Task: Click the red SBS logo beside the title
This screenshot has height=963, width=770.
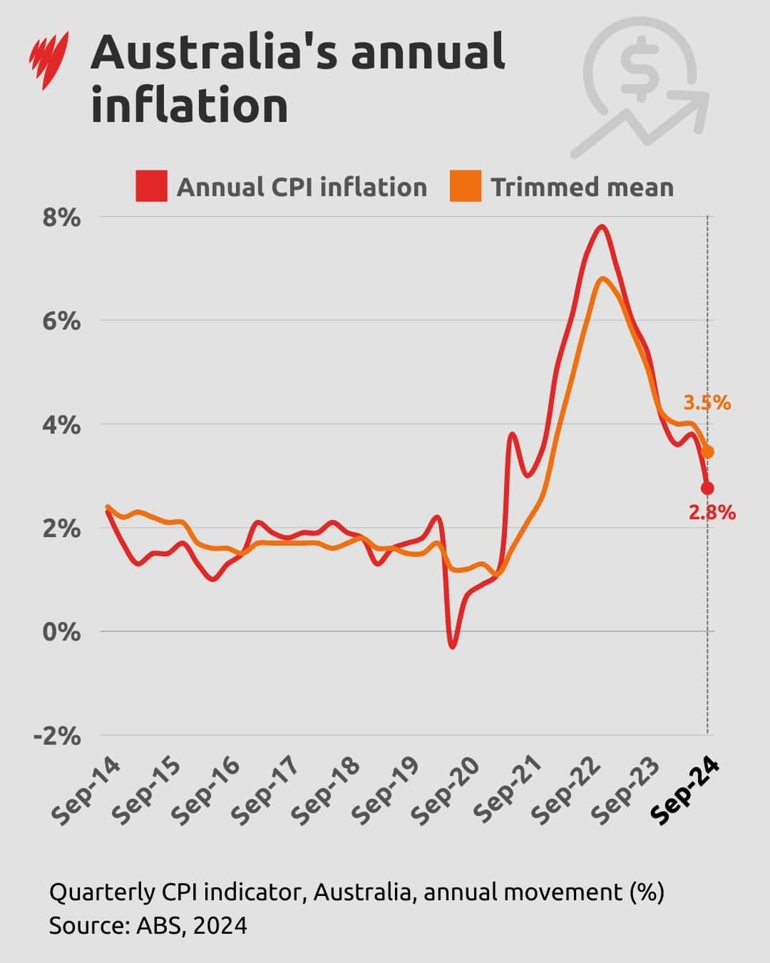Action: pyautogui.click(x=49, y=60)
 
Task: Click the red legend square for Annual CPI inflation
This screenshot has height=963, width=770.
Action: pyautogui.click(x=151, y=187)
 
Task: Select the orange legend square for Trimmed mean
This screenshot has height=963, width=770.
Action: pyautogui.click(x=466, y=187)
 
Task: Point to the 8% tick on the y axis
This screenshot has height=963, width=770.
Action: pyautogui.click(x=61, y=218)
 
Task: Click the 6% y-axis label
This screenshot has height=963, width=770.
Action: pyautogui.click(x=61, y=321)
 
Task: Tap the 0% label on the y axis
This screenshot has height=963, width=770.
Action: pyautogui.click(x=61, y=632)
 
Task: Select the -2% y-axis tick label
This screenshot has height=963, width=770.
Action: pyautogui.click(x=57, y=735)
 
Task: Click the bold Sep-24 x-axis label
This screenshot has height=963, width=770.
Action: pyautogui.click(x=686, y=791)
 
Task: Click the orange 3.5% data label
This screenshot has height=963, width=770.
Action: pyautogui.click(x=707, y=403)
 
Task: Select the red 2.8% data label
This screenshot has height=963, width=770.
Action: pyautogui.click(x=712, y=512)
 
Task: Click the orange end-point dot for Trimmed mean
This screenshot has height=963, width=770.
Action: pyautogui.click(x=707, y=452)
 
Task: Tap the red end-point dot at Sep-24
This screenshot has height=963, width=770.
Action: pyautogui.click(x=707, y=488)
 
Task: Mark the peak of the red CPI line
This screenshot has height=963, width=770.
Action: pyautogui.click(x=602, y=227)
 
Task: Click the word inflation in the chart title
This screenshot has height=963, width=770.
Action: pyautogui.click(x=190, y=106)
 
